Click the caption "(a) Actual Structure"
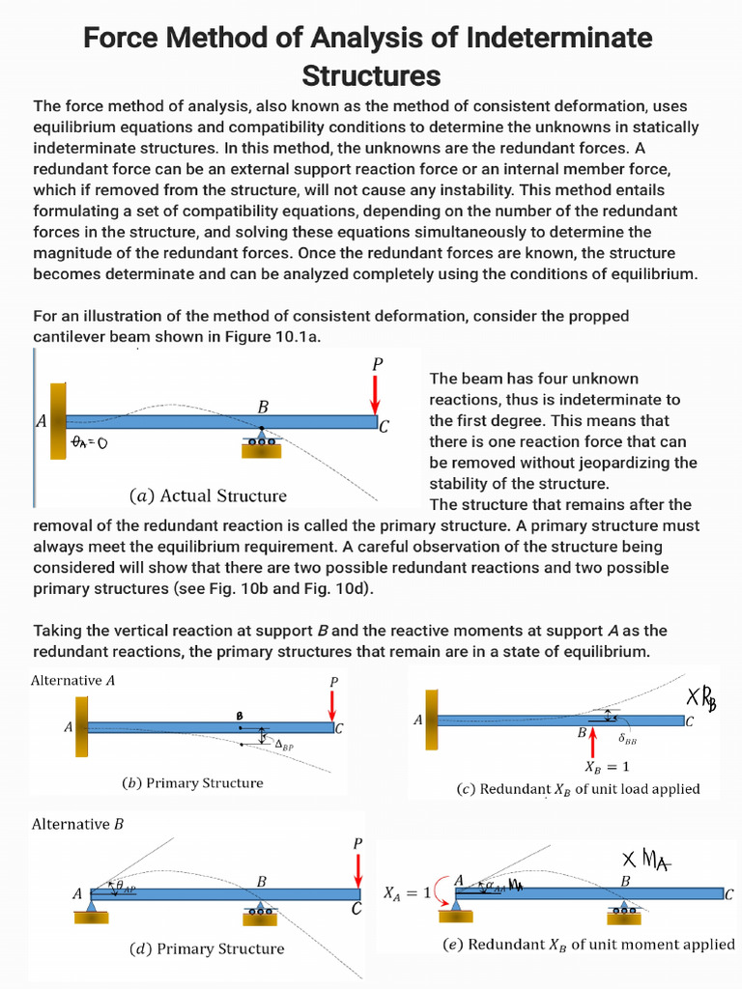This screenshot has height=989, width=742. (x=208, y=495)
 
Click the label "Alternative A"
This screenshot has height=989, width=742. (x=73, y=680)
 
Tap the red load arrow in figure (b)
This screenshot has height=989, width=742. (x=332, y=706)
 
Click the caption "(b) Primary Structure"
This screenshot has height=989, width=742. (x=192, y=782)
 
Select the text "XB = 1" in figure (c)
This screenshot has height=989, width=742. (x=607, y=768)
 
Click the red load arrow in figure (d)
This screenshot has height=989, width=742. (x=357, y=870)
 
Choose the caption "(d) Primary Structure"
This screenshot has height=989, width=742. (x=207, y=948)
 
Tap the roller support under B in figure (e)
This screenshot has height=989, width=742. (x=625, y=909)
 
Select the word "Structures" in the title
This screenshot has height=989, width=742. (x=371, y=75)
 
